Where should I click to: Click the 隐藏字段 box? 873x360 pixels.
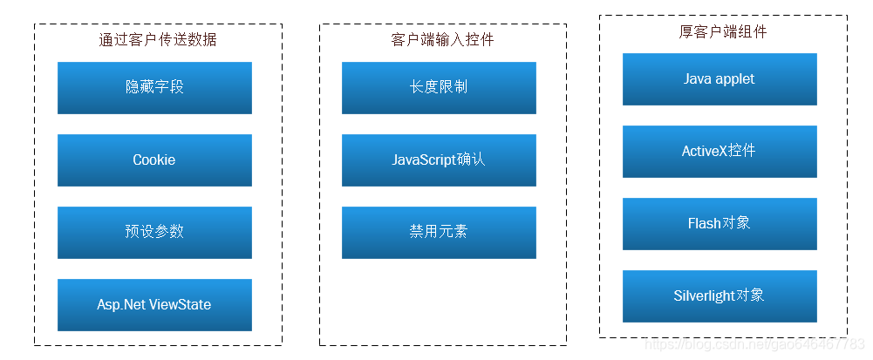[x=154, y=87]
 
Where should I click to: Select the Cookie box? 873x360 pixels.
[x=154, y=160]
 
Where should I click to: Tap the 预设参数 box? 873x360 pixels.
[x=154, y=232]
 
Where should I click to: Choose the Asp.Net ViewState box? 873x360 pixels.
[x=154, y=304]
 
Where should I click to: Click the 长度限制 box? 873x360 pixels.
[x=439, y=87]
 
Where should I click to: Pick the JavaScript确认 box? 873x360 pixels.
[x=439, y=160]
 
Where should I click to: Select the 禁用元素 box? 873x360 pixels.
[x=439, y=232]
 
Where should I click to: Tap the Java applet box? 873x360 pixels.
[x=720, y=78]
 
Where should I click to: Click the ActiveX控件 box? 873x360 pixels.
[x=720, y=151]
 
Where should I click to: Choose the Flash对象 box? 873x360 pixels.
[x=720, y=223]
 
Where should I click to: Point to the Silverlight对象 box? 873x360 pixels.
[x=720, y=295]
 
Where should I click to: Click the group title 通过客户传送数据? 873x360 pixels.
[x=158, y=39]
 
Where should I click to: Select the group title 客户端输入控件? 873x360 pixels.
[x=442, y=39]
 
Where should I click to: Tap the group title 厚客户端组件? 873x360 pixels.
[x=723, y=31]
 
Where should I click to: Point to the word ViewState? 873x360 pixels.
[x=181, y=305]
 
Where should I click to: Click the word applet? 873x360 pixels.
[x=735, y=79]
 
